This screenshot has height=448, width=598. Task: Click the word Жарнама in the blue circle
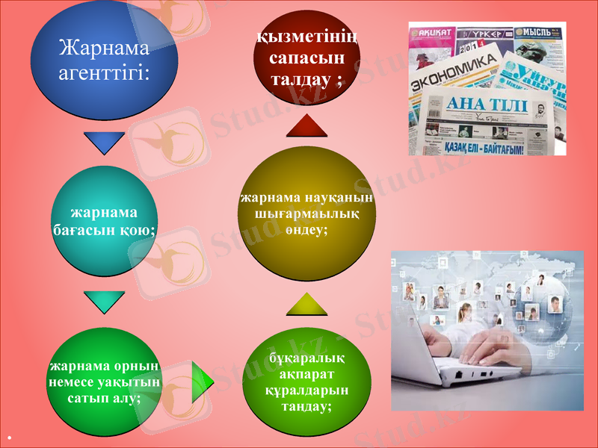[x=103, y=49]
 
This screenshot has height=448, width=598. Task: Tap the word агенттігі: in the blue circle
[x=103, y=73]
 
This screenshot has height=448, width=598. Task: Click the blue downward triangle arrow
[x=103, y=142]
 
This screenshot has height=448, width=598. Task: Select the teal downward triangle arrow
[x=104, y=301]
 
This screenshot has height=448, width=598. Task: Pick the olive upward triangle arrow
[x=306, y=305]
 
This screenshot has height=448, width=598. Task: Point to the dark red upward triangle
[x=307, y=126]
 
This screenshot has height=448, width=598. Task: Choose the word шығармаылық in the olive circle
[x=307, y=215]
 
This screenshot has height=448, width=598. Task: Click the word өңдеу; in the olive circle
[x=307, y=231]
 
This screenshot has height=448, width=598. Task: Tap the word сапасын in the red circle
[x=307, y=58]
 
